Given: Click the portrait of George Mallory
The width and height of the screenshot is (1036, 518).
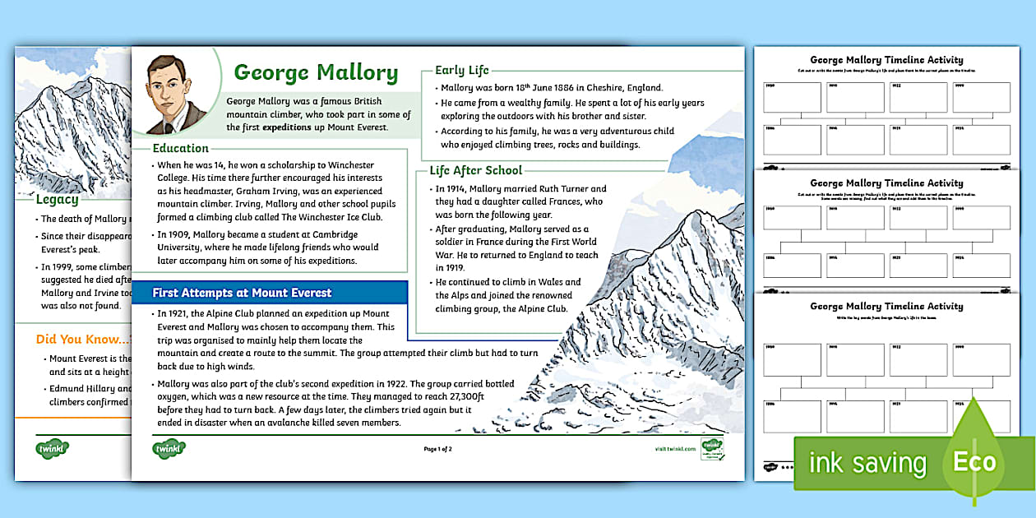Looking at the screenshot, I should pyautogui.click(x=177, y=95).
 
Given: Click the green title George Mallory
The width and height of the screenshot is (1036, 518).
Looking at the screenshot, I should pyautogui.click(x=316, y=72).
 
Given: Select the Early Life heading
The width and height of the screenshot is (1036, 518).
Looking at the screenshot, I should pyautogui.click(x=461, y=70).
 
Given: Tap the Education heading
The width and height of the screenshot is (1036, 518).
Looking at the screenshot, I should pyautogui.click(x=181, y=148).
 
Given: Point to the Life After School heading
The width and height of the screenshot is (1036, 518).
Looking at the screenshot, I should pyautogui.click(x=475, y=170).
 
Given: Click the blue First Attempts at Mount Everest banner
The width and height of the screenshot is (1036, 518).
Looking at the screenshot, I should pyautogui.click(x=242, y=293).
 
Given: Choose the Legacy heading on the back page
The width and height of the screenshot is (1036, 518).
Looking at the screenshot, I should pyautogui.click(x=58, y=199).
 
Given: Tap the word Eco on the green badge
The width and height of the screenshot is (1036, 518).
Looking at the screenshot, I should pyautogui.click(x=974, y=461).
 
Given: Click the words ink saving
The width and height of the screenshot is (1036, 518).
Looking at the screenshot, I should pyautogui.click(x=867, y=463).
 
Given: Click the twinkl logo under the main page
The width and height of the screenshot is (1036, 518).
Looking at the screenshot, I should pyautogui.click(x=169, y=449).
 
